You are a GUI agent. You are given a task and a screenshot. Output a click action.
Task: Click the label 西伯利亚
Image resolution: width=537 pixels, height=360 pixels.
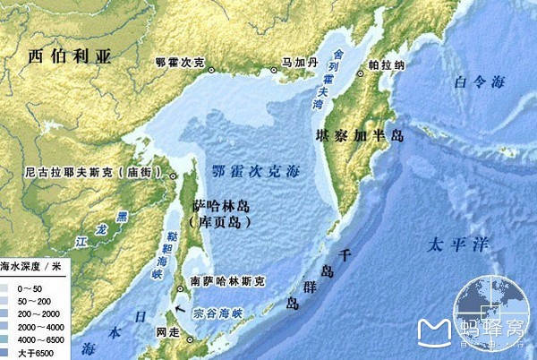[x=69, y=56]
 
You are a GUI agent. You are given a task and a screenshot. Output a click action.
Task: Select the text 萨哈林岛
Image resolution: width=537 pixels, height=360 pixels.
[x=224, y=205]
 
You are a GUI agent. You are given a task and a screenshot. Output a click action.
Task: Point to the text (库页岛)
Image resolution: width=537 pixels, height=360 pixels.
[x=220, y=220]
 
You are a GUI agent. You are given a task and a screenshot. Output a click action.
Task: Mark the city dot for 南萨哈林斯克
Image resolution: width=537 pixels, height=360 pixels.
[x=184, y=288]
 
